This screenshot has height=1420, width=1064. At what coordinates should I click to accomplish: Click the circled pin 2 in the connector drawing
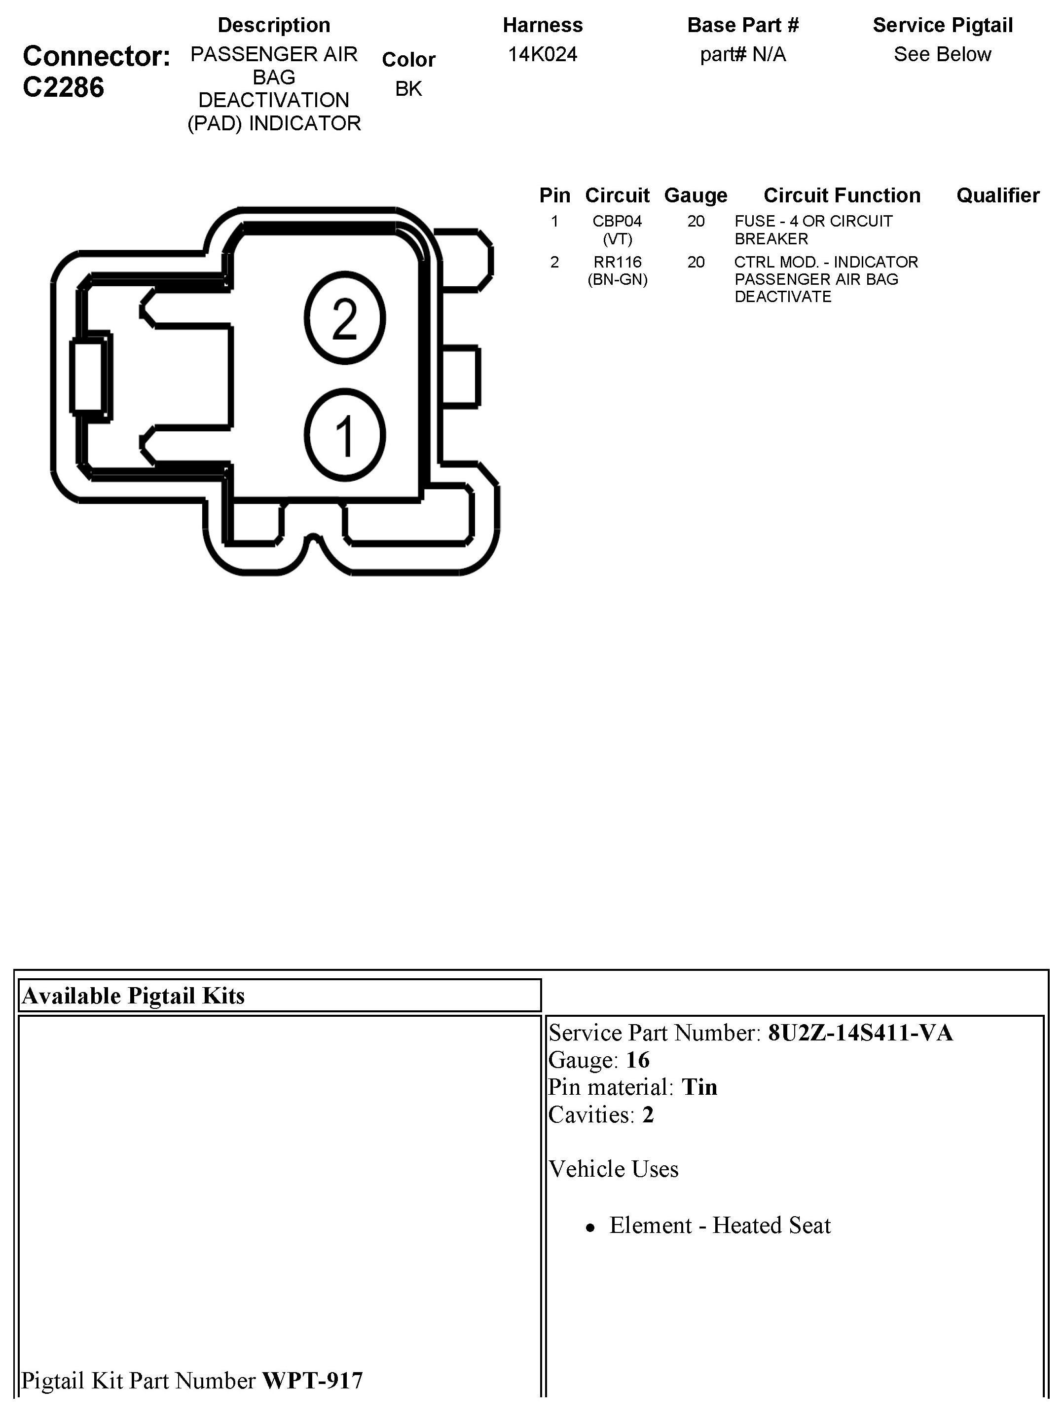(345, 318)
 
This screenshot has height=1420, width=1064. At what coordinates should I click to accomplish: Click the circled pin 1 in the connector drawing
(345, 435)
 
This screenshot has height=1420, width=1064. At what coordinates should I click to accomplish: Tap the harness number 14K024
(542, 55)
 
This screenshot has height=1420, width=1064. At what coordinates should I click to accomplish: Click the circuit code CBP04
(617, 222)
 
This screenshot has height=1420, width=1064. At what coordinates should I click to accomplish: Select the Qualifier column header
(997, 195)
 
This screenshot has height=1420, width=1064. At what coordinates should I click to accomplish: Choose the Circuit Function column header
(842, 195)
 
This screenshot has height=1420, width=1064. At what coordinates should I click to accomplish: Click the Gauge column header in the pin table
(696, 195)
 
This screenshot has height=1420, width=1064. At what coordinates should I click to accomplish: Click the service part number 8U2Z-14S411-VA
(860, 1033)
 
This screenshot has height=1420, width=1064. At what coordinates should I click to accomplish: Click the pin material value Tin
(699, 1087)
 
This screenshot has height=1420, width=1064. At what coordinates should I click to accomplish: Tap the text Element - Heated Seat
(719, 1226)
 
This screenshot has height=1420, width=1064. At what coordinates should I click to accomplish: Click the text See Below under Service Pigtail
(942, 55)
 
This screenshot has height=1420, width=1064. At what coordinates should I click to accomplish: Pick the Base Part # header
(742, 25)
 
